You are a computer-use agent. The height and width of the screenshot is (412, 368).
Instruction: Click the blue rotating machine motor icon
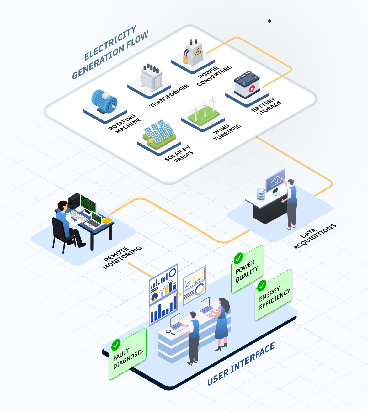[104, 101]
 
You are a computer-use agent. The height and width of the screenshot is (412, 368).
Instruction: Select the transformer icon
[151, 77]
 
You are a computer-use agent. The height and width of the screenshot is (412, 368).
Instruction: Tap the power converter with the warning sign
[193, 53]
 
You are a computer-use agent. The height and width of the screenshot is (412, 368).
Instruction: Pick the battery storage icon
[247, 84]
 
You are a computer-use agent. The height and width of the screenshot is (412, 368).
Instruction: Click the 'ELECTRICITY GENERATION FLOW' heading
[110, 52]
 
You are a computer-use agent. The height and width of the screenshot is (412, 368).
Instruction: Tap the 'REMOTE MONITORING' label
[122, 257]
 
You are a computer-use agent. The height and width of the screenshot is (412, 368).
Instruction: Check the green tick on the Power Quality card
[238, 258]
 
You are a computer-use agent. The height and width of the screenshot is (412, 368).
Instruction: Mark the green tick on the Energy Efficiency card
[262, 285]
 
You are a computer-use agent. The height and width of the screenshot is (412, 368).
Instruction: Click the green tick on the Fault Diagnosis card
[116, 345]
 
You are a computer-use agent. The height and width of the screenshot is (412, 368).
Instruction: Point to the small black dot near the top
[269, 21]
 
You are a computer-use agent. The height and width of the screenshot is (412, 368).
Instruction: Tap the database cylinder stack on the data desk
[261, 194]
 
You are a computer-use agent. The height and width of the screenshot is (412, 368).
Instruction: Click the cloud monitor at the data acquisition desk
[275, 181]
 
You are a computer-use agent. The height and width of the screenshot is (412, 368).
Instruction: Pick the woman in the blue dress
[222, 323]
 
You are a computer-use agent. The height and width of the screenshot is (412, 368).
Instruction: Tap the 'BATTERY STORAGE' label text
[267, 107]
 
